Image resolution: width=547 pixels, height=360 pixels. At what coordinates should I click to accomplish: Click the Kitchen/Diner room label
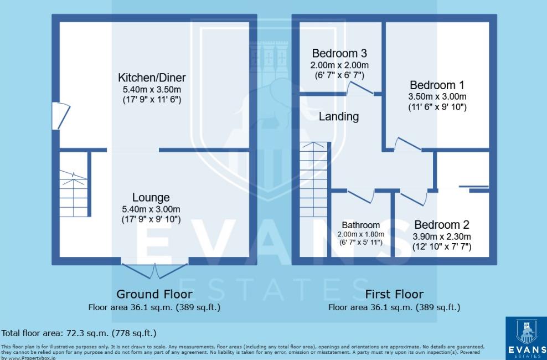pos(152,78)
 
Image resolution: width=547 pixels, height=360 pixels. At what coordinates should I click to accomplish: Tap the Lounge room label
pos(151,198)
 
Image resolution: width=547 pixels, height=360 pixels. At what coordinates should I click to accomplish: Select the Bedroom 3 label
pos(339,54)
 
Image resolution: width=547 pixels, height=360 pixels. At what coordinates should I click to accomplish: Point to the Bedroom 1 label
pos(437,85)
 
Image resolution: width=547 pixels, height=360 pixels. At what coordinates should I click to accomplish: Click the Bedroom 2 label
pos(441,225)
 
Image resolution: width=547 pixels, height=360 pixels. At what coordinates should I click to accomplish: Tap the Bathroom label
pos(360,225)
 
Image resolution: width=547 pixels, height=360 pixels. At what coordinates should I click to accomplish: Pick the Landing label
pos(339,117)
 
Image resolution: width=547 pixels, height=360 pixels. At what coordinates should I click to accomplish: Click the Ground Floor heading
pos(154,294)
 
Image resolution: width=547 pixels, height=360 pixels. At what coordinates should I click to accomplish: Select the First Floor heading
pos(394,294)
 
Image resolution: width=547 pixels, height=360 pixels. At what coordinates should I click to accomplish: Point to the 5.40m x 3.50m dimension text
pos(152,90)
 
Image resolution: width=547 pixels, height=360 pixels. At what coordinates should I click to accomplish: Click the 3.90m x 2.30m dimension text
pos(441,237)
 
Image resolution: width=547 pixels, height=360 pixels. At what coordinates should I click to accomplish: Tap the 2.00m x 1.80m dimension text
pos(360,234)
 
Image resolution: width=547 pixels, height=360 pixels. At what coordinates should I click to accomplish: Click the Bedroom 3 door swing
pos(360,88)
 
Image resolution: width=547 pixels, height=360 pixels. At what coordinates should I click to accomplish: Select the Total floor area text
pos(79,333)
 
